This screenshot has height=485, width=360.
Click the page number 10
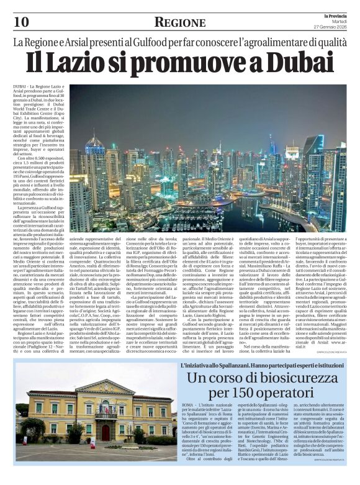pos(21,22)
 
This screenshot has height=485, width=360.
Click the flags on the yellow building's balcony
pos(105,409)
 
